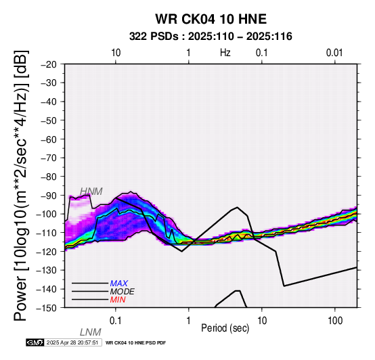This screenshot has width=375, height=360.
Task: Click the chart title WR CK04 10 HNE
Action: pos(211,19)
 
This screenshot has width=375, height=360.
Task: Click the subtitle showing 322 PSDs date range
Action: pos(211,37)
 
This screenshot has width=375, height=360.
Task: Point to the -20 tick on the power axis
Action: pos(49,64)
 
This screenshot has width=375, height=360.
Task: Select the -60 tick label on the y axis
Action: pos(49,139)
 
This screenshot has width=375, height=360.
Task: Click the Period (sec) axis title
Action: pos(225,328)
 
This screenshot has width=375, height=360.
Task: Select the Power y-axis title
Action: pos(21,185)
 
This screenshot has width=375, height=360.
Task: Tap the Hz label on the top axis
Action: pos(225,53)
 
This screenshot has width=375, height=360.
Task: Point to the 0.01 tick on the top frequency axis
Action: pos(334,53)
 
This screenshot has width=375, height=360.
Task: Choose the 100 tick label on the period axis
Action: pos(335,321)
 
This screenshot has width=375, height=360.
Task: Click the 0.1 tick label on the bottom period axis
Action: pos(116,321)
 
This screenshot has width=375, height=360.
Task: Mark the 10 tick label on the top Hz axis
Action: pos(116,53)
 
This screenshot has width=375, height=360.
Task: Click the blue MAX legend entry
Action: pos(119,284)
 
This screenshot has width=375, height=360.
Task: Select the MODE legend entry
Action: pos(123,292)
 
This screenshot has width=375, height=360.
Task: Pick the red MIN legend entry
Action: pos(118,300)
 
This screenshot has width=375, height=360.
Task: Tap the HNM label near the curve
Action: pos(91,192)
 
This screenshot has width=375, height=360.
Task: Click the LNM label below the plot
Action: pos(91,332)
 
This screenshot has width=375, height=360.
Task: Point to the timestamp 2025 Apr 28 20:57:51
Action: pos(72,342)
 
